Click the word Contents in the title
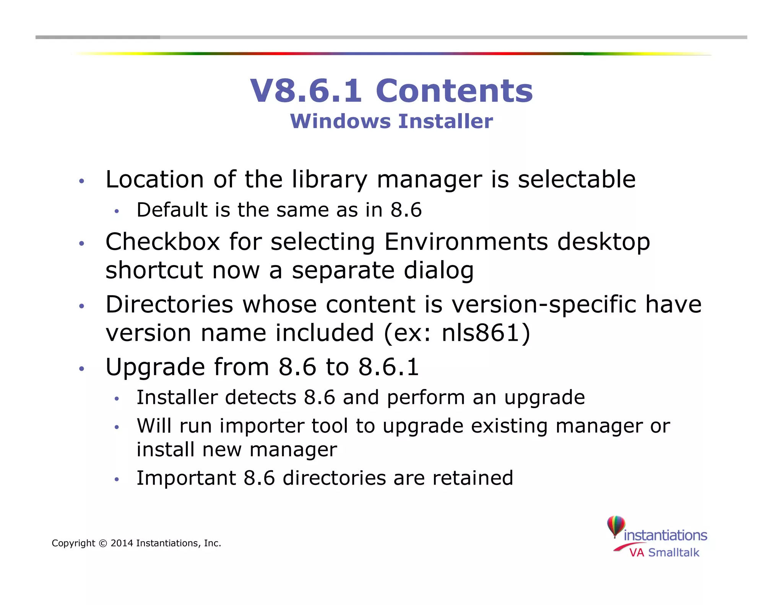(454, 91)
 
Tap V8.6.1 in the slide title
(306, 91)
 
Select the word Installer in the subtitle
(445, 121)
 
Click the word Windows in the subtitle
(341, 121)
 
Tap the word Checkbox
(163, 242)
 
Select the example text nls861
(481, 333)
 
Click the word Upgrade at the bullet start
(155, 367)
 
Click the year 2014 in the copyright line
(122, 543)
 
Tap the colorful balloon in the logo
(616, 526)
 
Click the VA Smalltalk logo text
(664, 553)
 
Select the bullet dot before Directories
(81, 306)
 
